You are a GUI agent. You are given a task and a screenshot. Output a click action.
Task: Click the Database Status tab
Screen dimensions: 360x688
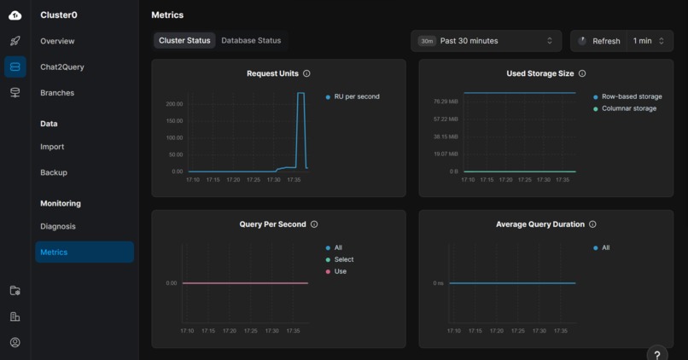tap(251, 41)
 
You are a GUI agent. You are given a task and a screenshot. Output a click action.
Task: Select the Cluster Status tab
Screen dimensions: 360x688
tap(184, 41)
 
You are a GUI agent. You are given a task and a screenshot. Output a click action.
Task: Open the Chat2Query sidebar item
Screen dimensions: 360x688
tap(61, 67)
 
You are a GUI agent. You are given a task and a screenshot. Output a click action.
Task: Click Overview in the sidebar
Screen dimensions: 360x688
tap(57, 41)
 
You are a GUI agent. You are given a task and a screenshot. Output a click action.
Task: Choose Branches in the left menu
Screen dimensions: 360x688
tap(57, 93)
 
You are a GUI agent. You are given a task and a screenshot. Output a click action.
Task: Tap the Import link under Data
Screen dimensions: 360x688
tap(52, 147)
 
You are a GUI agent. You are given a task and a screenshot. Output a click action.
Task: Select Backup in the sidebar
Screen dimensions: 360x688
tap(54, 172)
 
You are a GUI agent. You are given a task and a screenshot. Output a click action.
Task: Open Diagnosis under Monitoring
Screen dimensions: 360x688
tap(58, 226)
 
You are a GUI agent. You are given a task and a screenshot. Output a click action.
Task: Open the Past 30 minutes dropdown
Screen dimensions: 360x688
tap(486, 41)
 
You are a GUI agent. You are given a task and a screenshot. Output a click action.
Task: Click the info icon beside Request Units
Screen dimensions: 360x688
tap(306, 74)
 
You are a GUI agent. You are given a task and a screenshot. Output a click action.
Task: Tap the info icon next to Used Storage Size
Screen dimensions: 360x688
tap(582, 74)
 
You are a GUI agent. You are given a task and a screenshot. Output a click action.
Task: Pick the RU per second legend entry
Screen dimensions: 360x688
tap(356, 96)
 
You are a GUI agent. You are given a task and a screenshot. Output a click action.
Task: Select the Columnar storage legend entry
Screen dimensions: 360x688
tap(628, 108)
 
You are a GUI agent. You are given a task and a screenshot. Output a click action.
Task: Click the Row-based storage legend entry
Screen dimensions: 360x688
tap(631, 96)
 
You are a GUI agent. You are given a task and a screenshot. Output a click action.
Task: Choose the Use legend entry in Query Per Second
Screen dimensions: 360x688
tap(340, 271)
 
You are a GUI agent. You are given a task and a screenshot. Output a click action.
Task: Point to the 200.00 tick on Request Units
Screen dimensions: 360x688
tap(174, 104)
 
